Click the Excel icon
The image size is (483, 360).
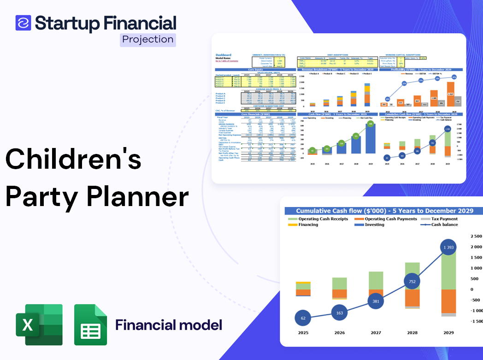tap(39, 325)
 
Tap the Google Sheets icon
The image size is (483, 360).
tap(90, 325)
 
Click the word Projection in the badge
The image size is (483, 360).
tap(148, 40)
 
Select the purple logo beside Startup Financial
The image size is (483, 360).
tap(23, 23)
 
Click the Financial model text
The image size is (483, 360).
tap(168, 325)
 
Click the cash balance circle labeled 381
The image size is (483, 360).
tap(376, 301)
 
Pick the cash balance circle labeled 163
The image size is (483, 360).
tap(340, 313)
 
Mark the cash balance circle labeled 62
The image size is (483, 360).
tap(303, 318)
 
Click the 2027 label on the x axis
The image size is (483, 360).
tap(376, 333)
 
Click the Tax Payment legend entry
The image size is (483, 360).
tap(444, 219)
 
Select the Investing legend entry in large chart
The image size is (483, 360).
tap(374, 225)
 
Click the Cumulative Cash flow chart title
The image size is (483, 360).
tap(384, 211)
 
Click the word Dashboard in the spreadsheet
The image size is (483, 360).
tap(224, 55)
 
